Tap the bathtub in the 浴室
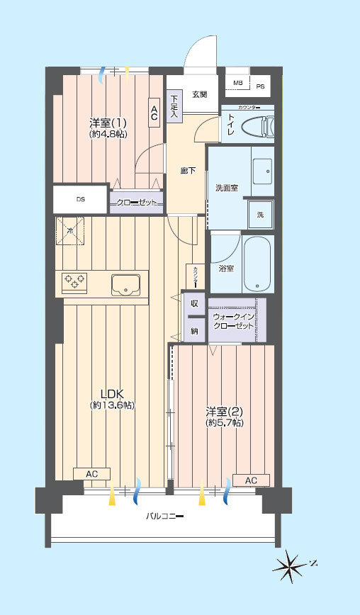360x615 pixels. coord(257,264)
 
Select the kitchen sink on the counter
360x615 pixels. coord(125,284)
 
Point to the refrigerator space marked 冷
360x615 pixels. coord(71,231)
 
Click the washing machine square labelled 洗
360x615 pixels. coord(260,215)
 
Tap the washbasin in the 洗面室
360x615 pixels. coord(262,171)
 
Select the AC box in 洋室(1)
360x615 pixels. coord(154,112)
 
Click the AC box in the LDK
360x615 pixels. coord(91,474)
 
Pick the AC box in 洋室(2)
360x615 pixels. coord(251,480)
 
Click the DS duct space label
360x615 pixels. coord(80,199)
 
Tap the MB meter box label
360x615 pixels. coord(237,83)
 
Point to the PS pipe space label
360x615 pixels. coord(260,86)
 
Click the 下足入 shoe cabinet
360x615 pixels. coord(174,107)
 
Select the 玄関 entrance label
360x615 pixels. coord(200,94)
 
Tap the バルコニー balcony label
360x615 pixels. coord(164,516)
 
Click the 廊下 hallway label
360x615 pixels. coord(188,171)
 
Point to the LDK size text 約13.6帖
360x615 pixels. coord(112,405)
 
